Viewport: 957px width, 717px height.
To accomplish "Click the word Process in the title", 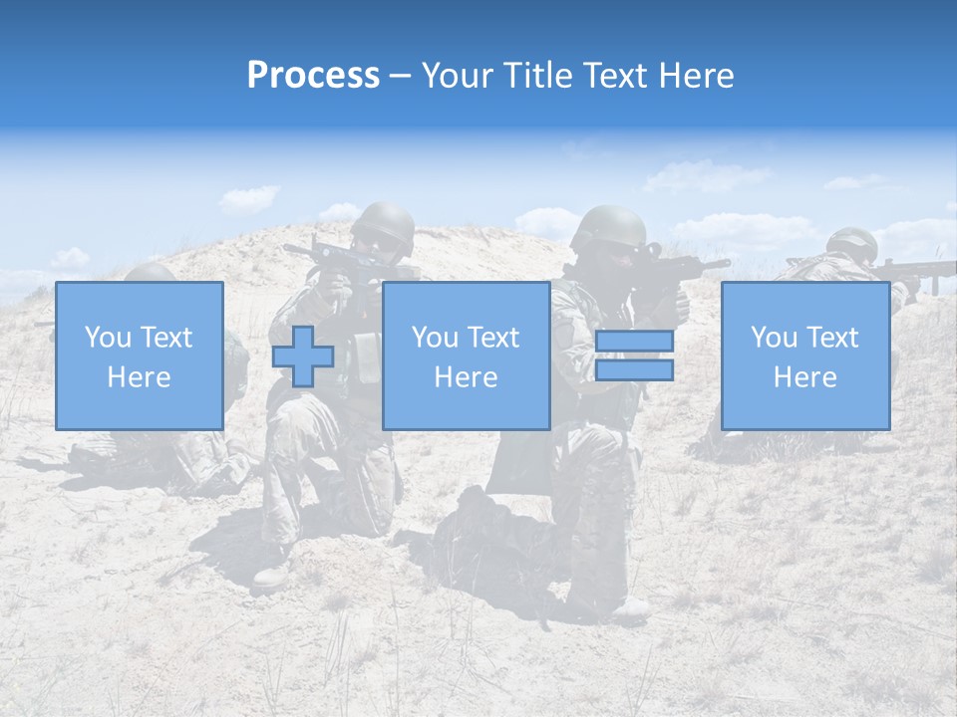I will click(x=313, y=76).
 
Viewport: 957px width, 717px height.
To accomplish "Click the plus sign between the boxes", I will click(x=303, y=356).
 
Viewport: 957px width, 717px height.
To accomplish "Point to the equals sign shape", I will click(x=634, y=356).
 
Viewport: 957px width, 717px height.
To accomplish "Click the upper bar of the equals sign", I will click(x=634, y=342).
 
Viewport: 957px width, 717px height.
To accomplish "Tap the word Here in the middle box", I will click(x=467, y=377).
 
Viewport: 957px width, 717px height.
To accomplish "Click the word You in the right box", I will click(x=775, y=338).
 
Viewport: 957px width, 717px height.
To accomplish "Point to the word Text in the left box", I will click(x=165, y=338).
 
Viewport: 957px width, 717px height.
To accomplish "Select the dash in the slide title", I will click(x=401, y=77).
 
